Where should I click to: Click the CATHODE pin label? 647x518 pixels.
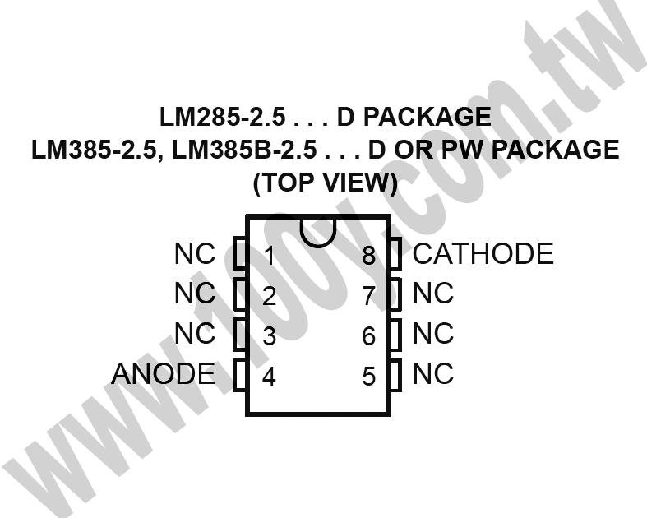[x=483, y=253]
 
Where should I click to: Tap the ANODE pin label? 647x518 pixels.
[x=164, y=373]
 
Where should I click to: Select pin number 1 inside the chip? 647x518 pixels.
[x=270, y=256]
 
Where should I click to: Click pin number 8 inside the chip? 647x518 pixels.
[x=369, y=256]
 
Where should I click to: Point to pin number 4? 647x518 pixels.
[x=269, y=377]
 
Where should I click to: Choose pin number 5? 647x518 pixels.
[x=369, y=377]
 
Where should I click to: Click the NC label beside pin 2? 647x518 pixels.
[x=195, y=293]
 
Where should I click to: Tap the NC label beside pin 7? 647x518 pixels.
[x=433, y=293]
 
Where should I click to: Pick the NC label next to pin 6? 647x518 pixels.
[x=433, y=333]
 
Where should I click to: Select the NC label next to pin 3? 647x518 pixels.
[x=195, y=333]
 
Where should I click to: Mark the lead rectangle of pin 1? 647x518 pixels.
[x=240, y=253]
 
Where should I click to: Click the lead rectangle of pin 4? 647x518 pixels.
[x=240, y=375]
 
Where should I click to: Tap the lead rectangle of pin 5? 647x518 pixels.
[x=395, y=375]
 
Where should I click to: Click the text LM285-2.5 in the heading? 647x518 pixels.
[x=223, y=117]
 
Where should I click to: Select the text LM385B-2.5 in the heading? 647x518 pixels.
[x=244, y=150]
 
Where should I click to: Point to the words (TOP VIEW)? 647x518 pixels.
[x=326, y=183]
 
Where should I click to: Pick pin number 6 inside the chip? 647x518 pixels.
[x=369, y=336]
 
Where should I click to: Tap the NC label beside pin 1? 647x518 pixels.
[x=195, y=253]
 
